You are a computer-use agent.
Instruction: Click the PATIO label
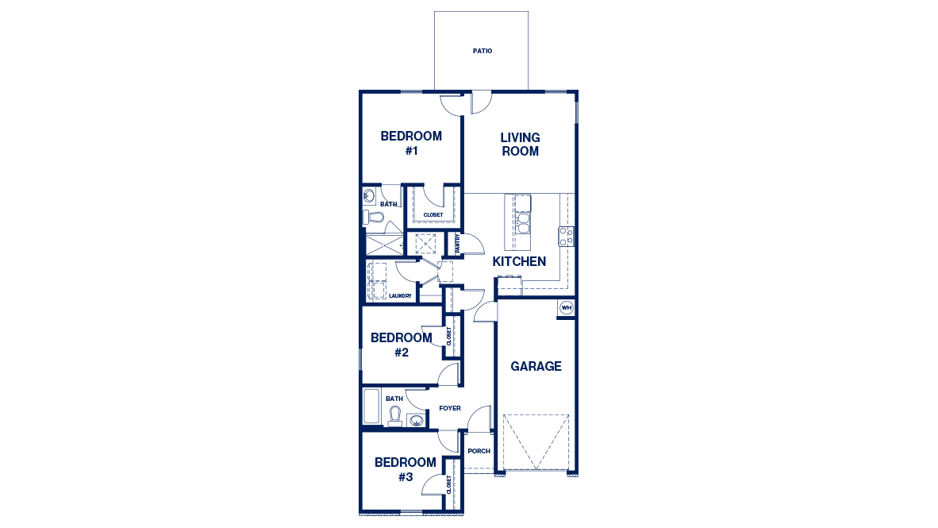click(482, 51)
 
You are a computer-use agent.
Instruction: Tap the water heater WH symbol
click(566, 307)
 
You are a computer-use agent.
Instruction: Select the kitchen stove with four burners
click(566, 236)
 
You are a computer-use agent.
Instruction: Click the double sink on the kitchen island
click(523, 222)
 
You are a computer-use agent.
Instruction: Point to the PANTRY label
click(458, 243)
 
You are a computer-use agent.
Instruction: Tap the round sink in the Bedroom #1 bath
click(370, 195)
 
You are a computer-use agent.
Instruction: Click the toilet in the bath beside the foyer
click(394, 415)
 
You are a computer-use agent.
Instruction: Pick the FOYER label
click(450, 408)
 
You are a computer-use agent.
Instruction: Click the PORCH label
click(479, 451)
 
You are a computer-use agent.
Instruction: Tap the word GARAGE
click(536, 366)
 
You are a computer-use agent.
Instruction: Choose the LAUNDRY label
click(400, 296)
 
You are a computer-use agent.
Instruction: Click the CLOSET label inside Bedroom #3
click(449, 485)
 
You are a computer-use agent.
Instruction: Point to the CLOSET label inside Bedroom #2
click(448, 336)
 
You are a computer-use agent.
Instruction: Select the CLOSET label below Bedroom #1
click(432, 214)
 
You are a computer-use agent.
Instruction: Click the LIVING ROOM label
click(520, 145)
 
